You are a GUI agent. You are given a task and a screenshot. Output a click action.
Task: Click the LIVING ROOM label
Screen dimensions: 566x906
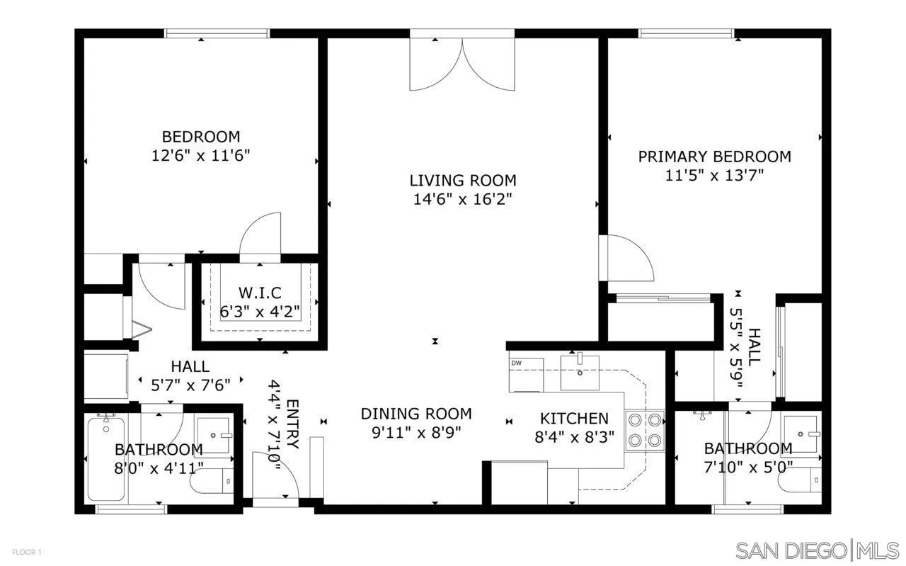click(463, 180)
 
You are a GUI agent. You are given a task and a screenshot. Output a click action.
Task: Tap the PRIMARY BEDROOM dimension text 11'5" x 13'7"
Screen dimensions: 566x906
click(714, 175)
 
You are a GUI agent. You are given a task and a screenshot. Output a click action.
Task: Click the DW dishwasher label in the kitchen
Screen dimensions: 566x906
click(516, 363)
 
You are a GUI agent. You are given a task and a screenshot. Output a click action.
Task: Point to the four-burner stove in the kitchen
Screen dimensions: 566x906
click(645, 431)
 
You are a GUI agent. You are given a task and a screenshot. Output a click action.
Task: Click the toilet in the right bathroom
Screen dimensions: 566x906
click(799, 484)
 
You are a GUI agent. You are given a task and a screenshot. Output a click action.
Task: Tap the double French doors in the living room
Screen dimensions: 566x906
click(462, 65)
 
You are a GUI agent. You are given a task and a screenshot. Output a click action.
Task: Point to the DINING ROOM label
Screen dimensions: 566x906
click(416, 414)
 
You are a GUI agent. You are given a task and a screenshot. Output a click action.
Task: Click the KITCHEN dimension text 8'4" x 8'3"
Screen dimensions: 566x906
click(574, 437)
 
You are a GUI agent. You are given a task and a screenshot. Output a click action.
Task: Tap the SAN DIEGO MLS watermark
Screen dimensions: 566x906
click(817, 550)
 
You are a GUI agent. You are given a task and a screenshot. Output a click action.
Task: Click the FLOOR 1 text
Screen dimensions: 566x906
click(27, 551)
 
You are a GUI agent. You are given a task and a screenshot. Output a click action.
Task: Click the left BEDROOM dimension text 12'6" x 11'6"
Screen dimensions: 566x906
click(201, 155)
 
